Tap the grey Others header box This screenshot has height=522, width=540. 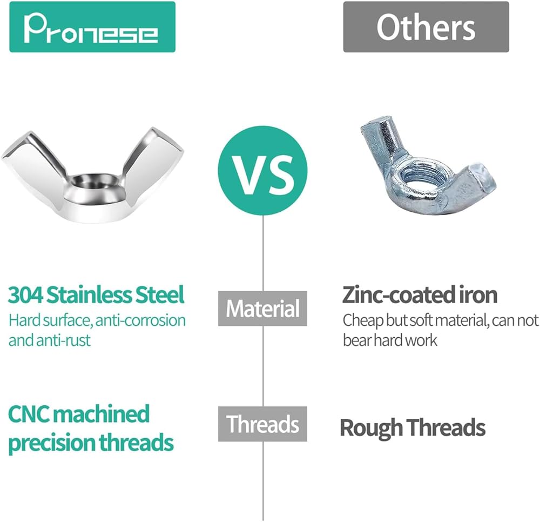point(426,27)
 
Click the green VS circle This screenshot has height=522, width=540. point(262,171)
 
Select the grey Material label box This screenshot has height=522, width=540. point(262,309)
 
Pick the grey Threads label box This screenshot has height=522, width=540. point(262,424)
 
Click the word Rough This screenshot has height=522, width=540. point(372,428)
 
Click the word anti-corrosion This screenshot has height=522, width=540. point(140,320)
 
